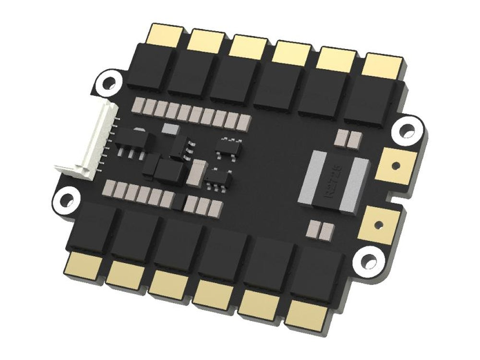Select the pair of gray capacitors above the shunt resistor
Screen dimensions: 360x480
(x=348, y=139)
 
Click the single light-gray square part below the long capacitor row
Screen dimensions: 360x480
(x=169, y=128)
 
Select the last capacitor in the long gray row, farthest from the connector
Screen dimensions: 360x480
(x=244, y=121)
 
